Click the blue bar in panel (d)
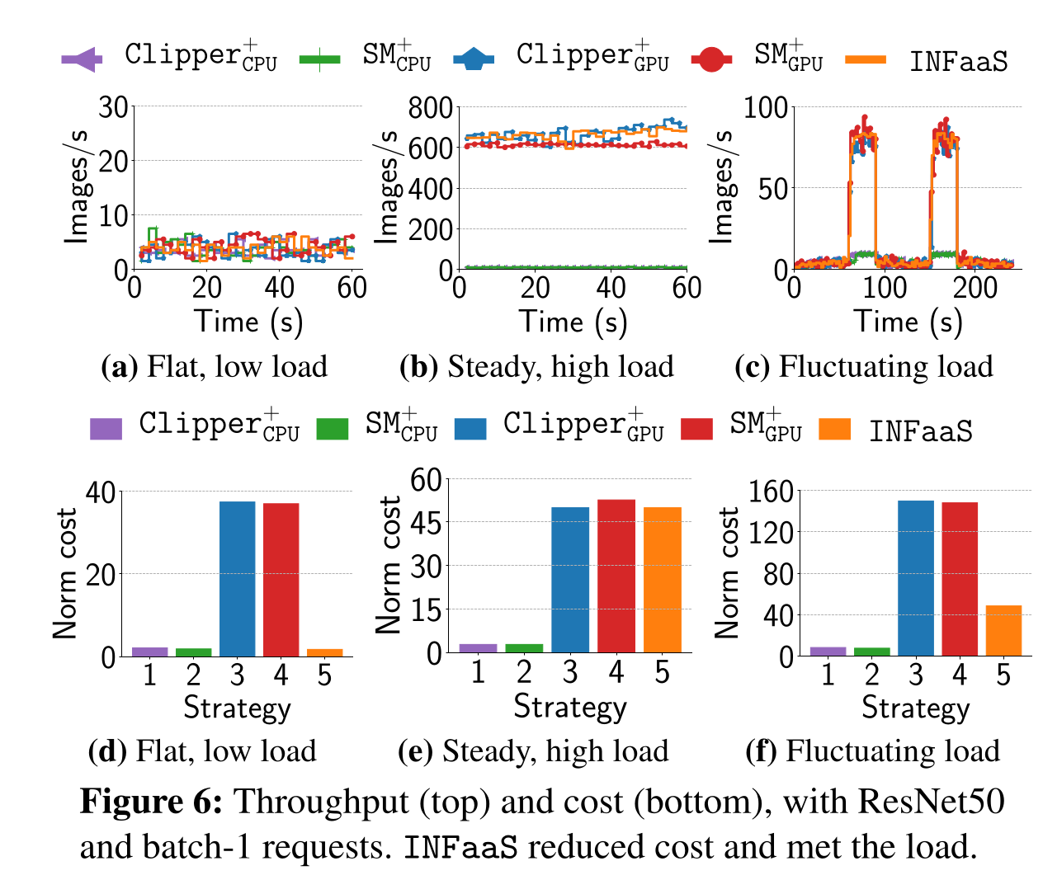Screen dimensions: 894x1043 coord(237,579)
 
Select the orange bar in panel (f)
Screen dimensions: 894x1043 coord(1003,631)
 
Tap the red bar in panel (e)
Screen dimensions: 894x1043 coord(616,576)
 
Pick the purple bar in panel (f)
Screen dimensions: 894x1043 coord(828,651)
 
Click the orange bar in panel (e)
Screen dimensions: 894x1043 coord(662,580)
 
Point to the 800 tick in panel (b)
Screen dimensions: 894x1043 coord(431,108)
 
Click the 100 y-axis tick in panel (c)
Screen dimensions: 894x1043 coord(765,108)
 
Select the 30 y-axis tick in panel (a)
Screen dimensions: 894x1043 coord(113,107)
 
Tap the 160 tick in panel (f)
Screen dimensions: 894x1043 coord(770,492)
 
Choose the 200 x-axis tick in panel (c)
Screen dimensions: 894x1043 coord(975,288)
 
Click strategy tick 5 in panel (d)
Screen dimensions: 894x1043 coord(324,675)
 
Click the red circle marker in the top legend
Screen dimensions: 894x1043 coord(711,59)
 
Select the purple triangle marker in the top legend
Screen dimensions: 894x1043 coord(82,59)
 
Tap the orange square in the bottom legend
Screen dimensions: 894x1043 coord(834,429)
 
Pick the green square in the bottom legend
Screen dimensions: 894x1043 coord(333,429)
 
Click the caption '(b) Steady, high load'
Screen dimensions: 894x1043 coord(536,367)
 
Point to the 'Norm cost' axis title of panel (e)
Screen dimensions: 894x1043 coord(389,565)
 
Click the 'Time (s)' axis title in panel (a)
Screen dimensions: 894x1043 coord(248,322)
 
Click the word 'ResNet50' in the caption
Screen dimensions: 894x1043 coord(931,802)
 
